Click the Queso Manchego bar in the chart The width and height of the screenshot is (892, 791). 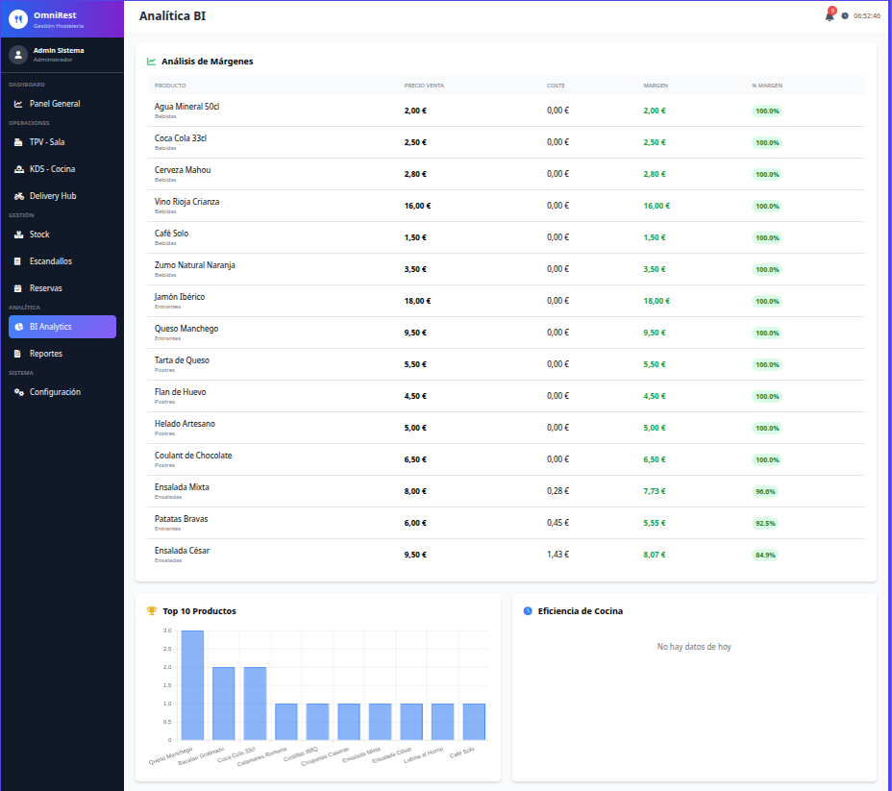pos(192,685)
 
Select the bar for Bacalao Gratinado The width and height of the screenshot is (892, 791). pos(223,704)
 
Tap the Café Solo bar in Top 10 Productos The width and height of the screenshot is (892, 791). pos(474,722)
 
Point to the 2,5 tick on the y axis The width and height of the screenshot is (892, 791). pos(167,649)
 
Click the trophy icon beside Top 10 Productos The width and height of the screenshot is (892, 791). pos(151,611)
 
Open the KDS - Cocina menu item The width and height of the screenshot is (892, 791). pos(52,169)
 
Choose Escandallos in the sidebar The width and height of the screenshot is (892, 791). pos(50,261)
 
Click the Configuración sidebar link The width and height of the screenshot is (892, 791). pos(55,392)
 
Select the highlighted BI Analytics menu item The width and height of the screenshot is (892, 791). pos(62,327)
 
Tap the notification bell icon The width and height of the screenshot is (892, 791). pos(829,15)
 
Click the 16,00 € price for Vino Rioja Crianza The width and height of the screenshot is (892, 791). pos(417,206)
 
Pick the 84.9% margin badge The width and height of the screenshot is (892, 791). pos(765,555)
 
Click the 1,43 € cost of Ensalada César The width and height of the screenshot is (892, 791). pos(557,555)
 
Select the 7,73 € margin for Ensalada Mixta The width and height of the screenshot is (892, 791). pos(654,491)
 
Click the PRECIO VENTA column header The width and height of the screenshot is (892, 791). pos(424,86)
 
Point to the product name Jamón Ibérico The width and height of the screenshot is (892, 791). pos(180,297)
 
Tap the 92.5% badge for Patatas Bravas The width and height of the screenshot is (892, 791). pos(765,523)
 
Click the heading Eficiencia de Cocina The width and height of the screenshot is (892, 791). pos(580,611)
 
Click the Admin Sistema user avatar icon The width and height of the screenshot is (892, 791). pos(18,55)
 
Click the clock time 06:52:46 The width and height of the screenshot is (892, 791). pos(867,15)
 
